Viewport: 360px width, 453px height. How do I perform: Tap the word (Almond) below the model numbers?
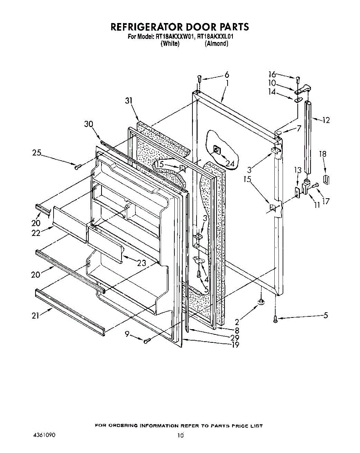tap(217, 43)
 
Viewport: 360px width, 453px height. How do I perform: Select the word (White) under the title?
tap(170, 43)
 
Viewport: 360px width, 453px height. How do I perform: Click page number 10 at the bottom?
tap(180, 436)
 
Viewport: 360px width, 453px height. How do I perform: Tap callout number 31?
tap(129, 101)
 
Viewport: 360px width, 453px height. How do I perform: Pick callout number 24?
tap(230, 163)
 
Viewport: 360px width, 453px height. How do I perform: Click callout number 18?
tap(323, 154)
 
